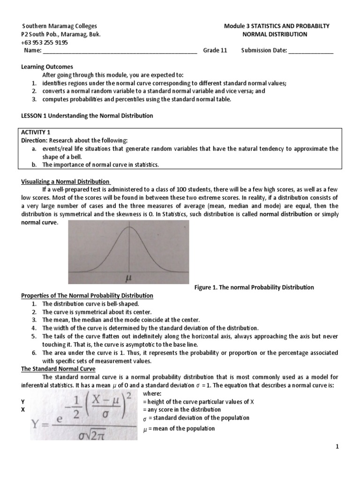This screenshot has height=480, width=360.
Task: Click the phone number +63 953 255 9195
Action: point(45,43)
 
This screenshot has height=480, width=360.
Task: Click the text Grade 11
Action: point(215,51)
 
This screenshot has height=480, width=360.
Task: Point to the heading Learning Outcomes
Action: point(47,67)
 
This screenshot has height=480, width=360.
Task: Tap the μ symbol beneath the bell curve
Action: point(127,277)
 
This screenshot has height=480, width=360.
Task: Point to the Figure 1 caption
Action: point(254,287)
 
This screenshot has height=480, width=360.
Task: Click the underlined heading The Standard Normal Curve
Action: point(58,369)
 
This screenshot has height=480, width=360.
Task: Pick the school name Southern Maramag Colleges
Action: point(60,26)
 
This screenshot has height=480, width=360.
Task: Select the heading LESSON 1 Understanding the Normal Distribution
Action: point(87,115)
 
